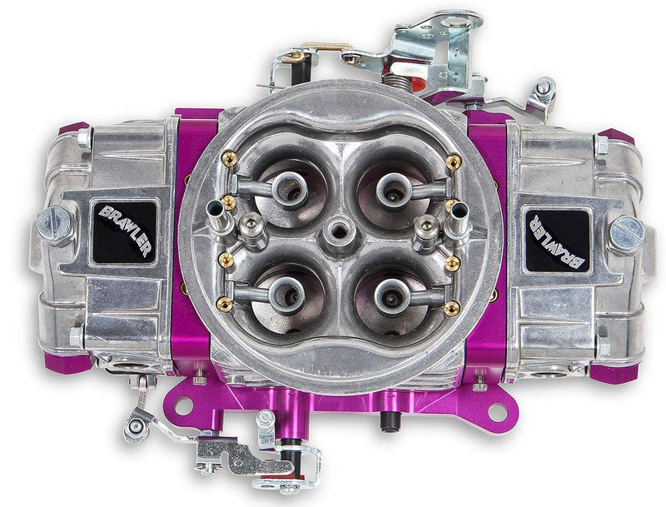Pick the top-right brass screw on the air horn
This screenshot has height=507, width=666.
click(454, 162)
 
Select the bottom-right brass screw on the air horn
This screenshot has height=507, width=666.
click(453, 308)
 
